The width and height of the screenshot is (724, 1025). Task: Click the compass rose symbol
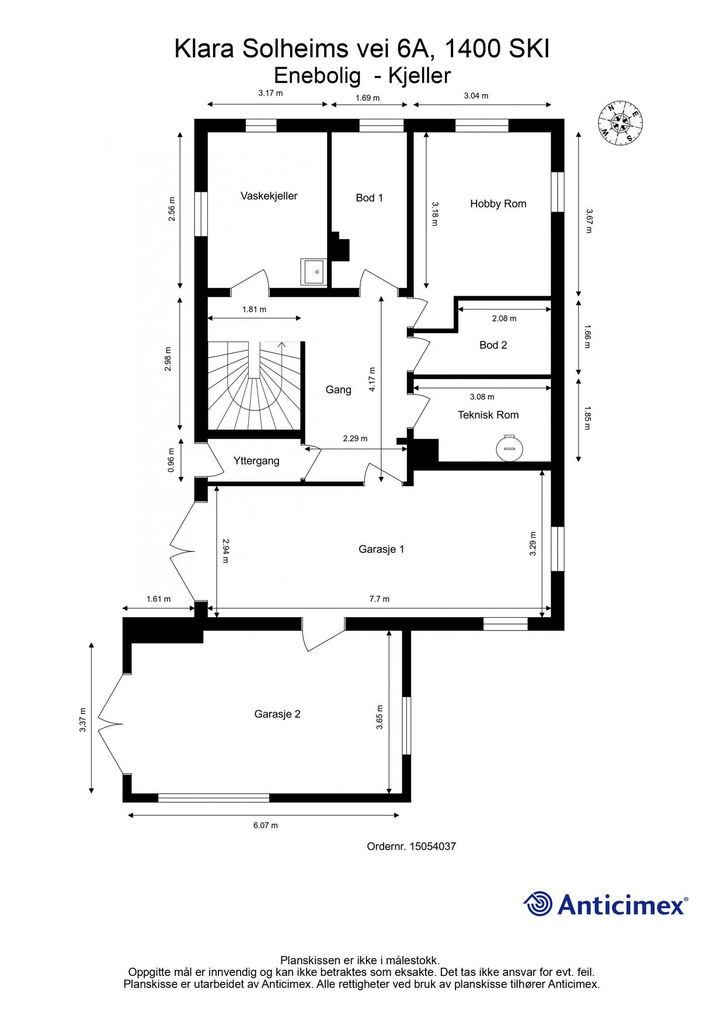[620, 123]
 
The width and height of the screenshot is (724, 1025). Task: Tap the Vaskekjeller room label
[269, 196]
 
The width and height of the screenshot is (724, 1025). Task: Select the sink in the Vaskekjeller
[315, 271]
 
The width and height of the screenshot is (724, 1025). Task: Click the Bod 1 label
[370, 198]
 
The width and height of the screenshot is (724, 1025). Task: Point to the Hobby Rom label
[498, 204]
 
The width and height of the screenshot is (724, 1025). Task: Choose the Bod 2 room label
[493, 345]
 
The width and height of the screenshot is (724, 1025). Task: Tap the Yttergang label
[256, 461]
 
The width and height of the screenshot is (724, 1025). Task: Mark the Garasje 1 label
[381, 549]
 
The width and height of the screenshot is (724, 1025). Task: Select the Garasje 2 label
[277, 714]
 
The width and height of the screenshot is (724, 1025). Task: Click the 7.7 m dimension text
[380, 599]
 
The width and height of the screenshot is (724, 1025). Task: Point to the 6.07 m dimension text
[266, 826]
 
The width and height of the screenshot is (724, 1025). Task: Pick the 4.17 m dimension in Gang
[373, 379]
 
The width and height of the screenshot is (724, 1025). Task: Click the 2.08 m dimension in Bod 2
[504, 318]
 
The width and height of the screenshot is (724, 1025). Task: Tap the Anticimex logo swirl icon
[538, 905]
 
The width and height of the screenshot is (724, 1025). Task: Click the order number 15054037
[433, 846]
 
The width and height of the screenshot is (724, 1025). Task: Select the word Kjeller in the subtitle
[422, 76]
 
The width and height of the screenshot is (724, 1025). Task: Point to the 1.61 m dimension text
[158, 599]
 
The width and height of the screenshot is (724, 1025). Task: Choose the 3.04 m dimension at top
[476, 96]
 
